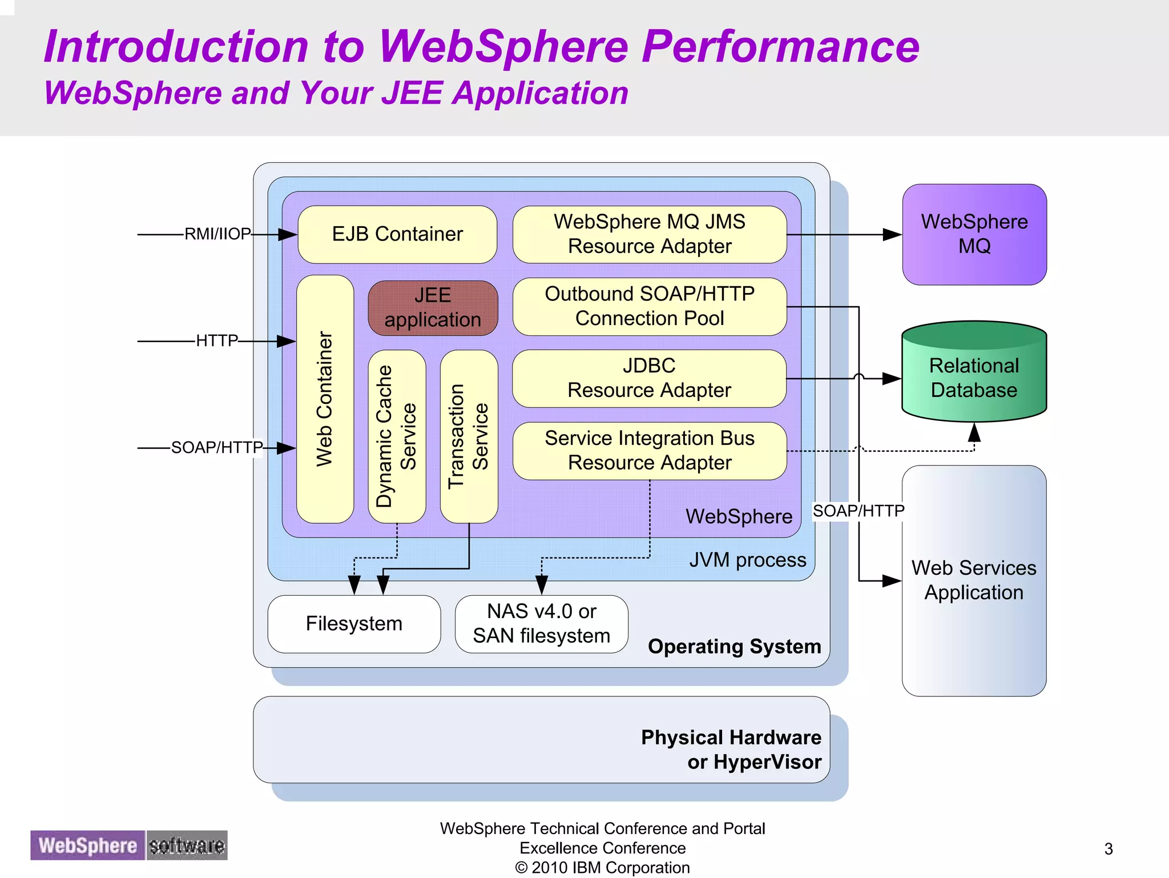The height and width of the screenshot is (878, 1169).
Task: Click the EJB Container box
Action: pyautogui.click(x=397, y=234)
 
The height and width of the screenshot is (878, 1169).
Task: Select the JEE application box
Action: pyautogui.click(x=433, y=307)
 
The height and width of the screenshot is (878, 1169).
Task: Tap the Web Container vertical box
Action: pyautogui.click(x=325, y=399)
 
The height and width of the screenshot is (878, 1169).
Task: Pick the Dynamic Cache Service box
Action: pyautogui.click(x=397, y=436)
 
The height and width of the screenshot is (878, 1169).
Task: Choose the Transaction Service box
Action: pyautogui.click(x=469, y=436)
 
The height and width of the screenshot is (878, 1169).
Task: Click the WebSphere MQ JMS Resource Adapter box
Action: pyautogui.click(x=650, y=234)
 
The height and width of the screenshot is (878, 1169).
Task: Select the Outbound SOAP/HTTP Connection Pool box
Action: pyautogui.click(x=650, y=306)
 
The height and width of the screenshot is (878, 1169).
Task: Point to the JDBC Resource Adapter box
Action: pyautogui.click(x=650, y=378)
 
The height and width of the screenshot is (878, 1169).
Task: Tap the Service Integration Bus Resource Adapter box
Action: pyautogui.click(x=650, y=450)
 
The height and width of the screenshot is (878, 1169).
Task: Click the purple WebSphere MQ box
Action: pyautogui.click(x=974, y=234)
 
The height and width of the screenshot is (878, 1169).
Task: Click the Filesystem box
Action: pyautogui.click(x=354, y=624)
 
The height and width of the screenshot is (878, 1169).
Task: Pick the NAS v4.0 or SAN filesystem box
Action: pyautogui.click(x=541, y=624)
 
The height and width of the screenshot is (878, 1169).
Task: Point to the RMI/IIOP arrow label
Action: pyautogui.click(x=217, y=234)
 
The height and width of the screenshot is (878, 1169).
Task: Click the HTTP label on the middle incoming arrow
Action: pyautogui.click(x=217, y=341)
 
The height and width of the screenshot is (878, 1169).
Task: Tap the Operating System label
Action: pyautogui.click(x=735, y=647)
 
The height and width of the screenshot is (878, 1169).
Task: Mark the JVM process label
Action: pyautogui.click(x=748, y=560)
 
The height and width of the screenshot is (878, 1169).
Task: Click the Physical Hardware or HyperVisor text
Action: pyautogui.click(x=731, y=749)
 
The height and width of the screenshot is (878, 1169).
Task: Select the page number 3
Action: pyautogui.click(x=1108, y=849)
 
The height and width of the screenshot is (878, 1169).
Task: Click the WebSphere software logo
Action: pyautogui.click(x=129, y=845)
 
